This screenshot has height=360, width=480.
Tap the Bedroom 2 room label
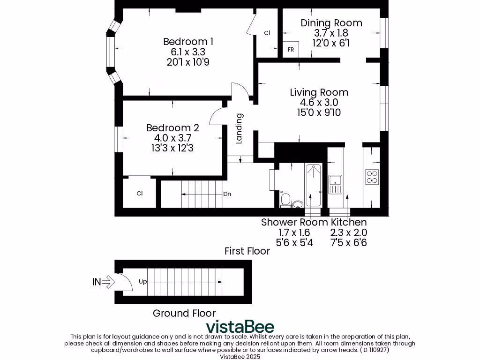click(x=172, y=127)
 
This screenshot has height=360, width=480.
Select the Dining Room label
click(x=331, y=22)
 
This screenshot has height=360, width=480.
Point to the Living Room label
click(x=319, y=92)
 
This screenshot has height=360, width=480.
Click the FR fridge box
click(x=291, y=50)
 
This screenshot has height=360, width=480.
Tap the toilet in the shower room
click(x=285, y=201)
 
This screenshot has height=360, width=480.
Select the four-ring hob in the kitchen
click(x=372, y=176)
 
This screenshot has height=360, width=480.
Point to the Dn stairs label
click(x=227, y=194)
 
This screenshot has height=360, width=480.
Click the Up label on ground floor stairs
click(x=143, y=282)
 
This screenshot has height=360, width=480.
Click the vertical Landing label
click(x=239, y=128)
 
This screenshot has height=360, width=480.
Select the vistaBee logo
click(x=240, y=327)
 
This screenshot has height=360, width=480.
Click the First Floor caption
click(x=247, y=251)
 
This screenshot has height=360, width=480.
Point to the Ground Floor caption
click(x=184, y=313)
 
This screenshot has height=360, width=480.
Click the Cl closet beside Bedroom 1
click(x=267, y=33)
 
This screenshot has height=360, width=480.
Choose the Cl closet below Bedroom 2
click(x=139, y=193)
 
